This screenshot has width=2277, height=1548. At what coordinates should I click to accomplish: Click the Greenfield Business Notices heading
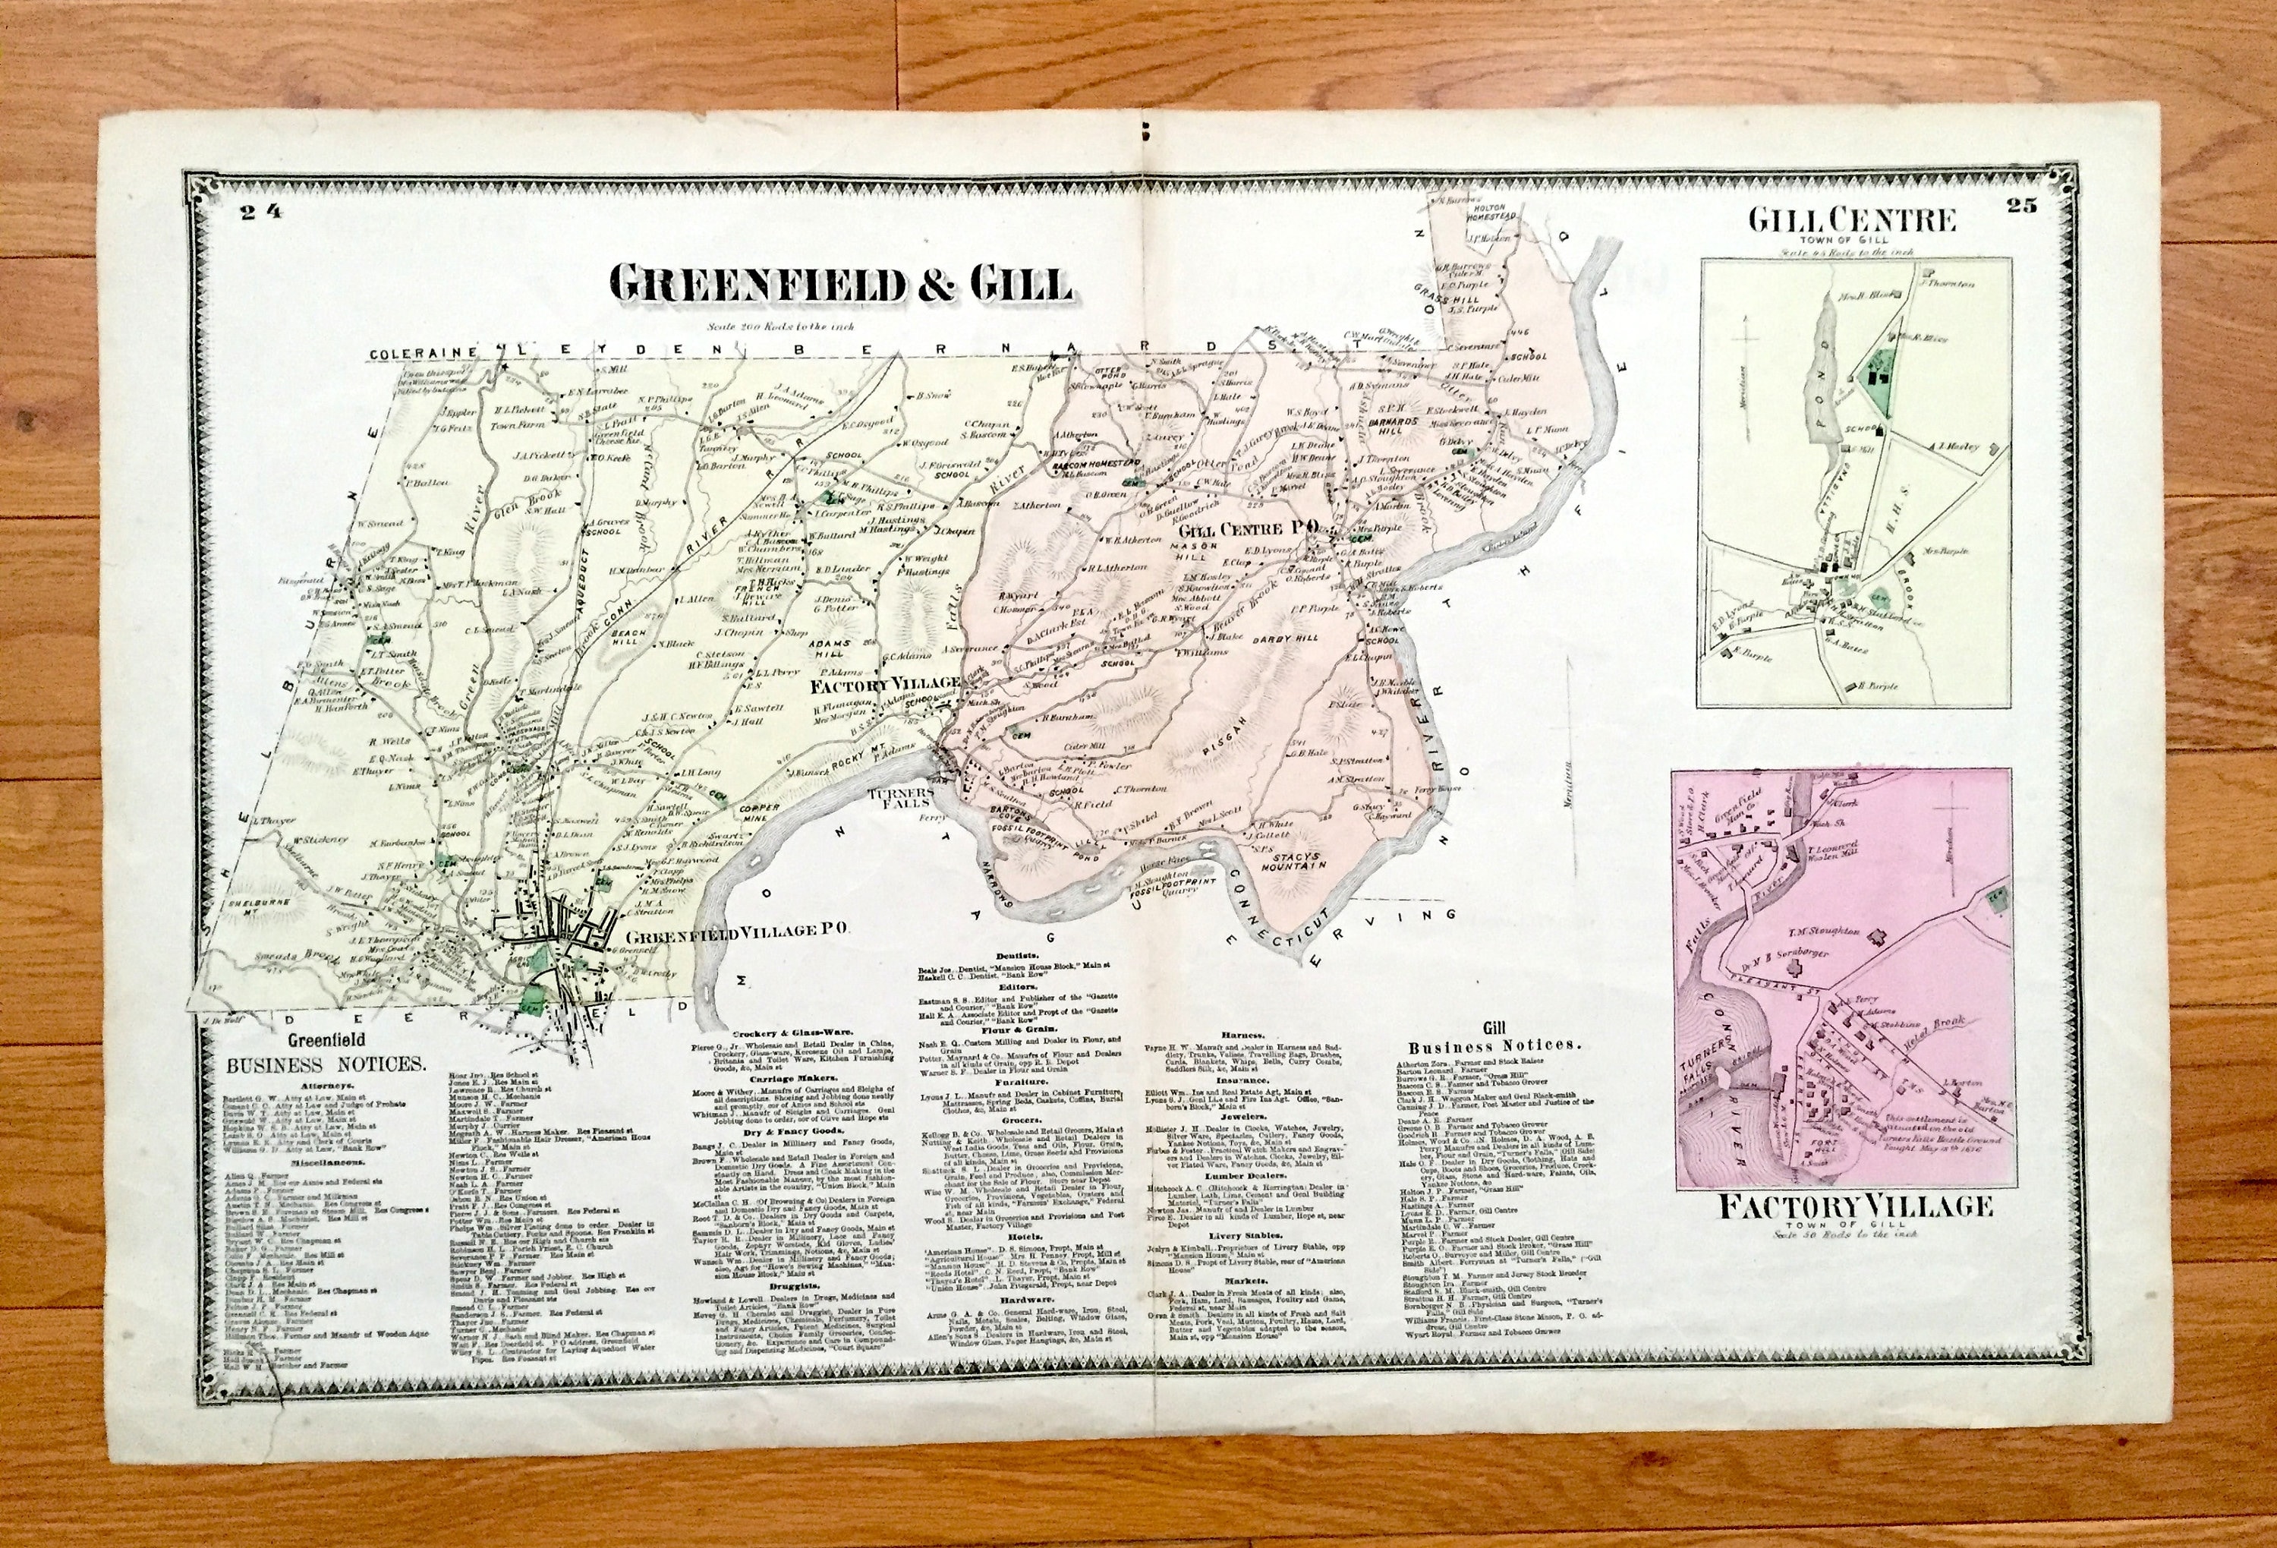point(326,1055)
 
